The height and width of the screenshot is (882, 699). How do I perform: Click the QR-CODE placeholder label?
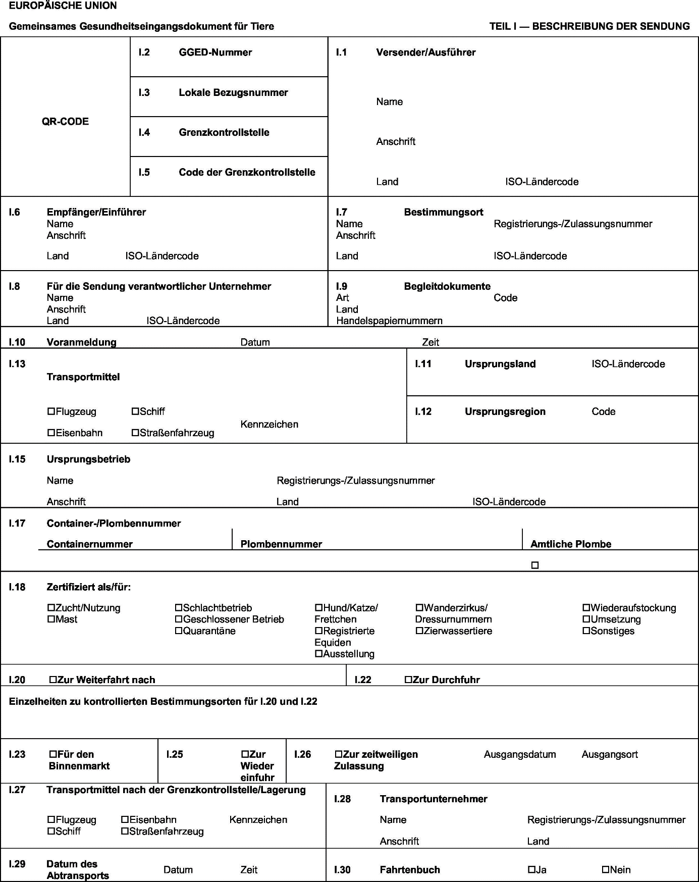pyautogui.click(x=65, y=122)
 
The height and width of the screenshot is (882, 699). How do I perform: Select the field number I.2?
pyautogui.click(x=144, y=53)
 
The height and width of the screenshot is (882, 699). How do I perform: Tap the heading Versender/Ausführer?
pyautogui.click(x=425, y=53)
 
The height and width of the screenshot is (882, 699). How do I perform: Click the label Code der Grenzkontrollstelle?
pyautogui.click(x=247, y=172)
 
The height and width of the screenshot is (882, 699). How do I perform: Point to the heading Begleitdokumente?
pyautogui.click(x=447, y=286)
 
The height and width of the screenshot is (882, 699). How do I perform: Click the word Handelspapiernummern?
pyautogui.click(x=389, y=321)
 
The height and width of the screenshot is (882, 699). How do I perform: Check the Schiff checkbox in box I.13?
pyautogui.click(x=135, y=411)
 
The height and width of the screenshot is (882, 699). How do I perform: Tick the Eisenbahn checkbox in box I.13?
pyautogui.click(x=51, y=433)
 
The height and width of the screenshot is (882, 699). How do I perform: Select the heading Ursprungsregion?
pyautogui.click(x=505, y=411)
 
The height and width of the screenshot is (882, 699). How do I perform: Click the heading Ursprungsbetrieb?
pyautogui.click(x=88, y=459)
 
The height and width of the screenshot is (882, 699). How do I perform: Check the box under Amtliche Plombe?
pyautogui.click(x=535, y=565)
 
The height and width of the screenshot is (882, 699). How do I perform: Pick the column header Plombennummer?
pyautogui.click(x=281, y=544)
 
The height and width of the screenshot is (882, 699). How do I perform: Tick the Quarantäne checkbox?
pyautogui.click(x=179, y=631)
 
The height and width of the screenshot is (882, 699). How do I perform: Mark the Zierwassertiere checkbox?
pyautogui.click(x=419, y=631)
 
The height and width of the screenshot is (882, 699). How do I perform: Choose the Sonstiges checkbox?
pyautogui.click(x=586, y=631)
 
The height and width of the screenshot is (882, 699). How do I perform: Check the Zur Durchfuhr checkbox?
pyautogui.click(x=408, y=680)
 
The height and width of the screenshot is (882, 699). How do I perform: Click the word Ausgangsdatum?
pyautogui.click(x=520, y=754)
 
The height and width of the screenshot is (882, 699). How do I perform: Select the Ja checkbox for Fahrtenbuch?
pyautogui.click(x=531, y=870)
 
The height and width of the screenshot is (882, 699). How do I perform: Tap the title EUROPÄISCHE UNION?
pyautogui.click(x=63, y=6)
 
